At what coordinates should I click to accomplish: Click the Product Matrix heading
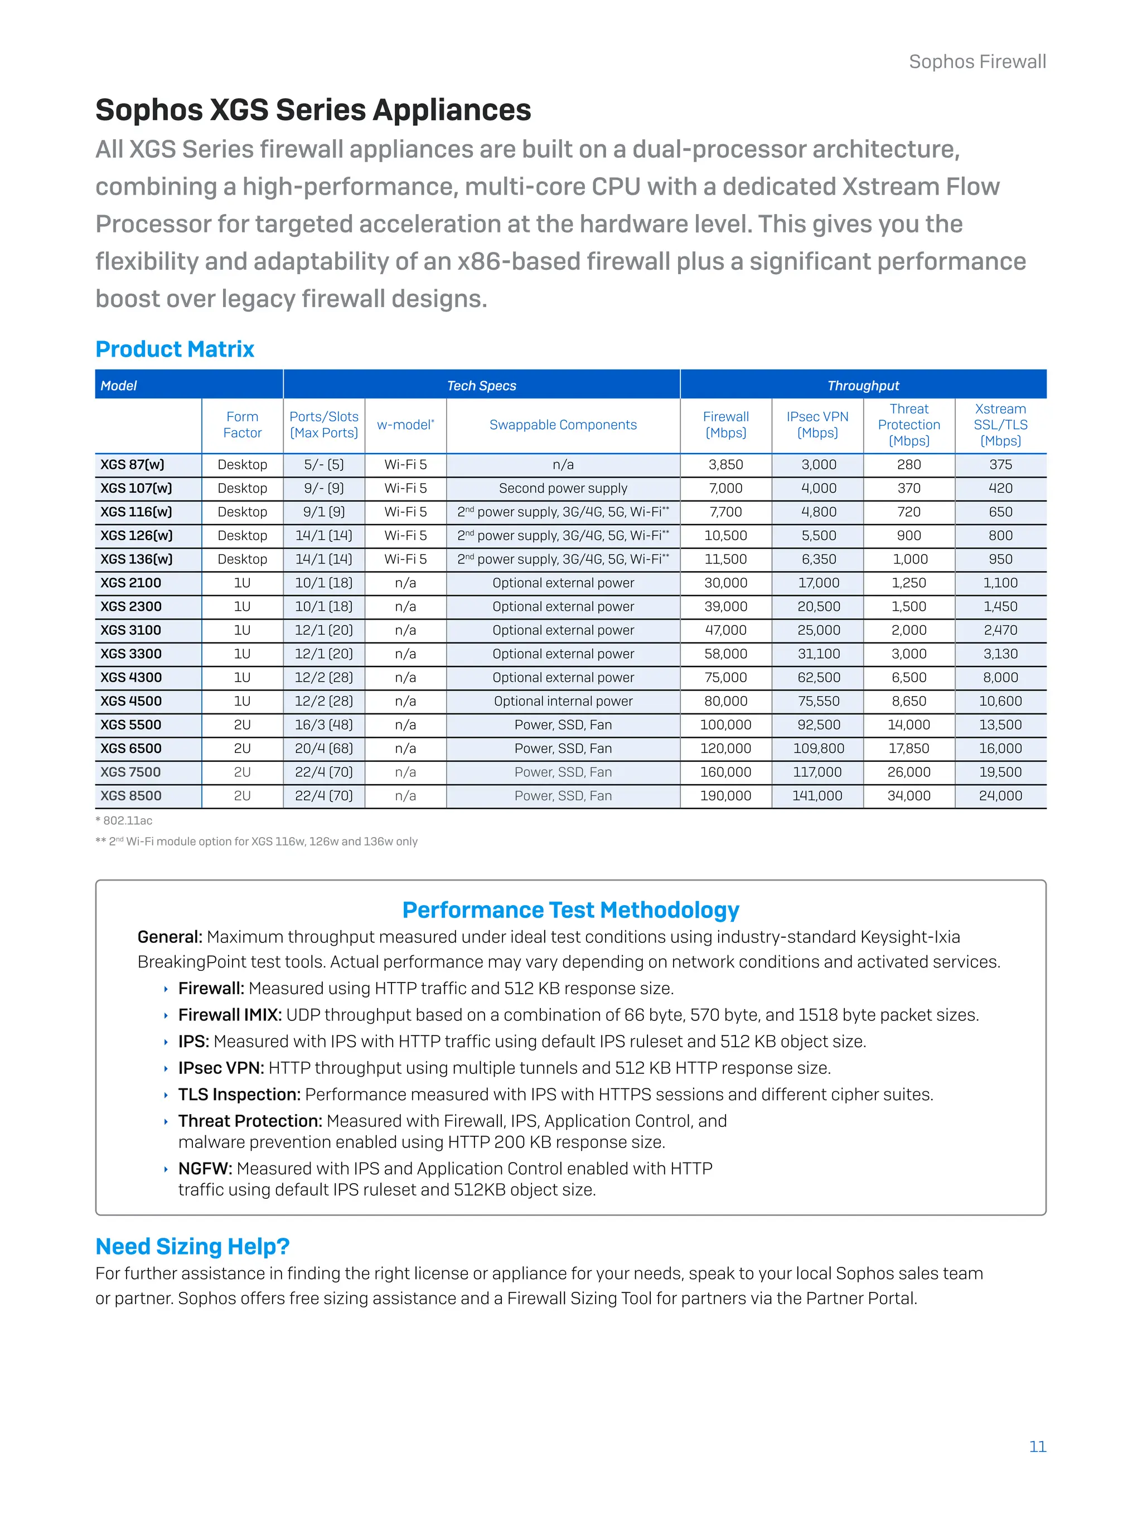pos(175,349)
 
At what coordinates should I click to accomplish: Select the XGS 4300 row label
pos(131,677)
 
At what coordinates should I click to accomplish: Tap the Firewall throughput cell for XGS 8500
pos(725,795)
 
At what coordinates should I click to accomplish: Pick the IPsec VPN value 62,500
pos(819,677)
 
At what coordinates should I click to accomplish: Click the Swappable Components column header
pos(563,425)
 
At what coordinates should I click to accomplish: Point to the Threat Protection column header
pos(909,425)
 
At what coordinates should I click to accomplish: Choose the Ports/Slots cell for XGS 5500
pos(323,724)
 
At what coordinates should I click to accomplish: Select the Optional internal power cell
pos(563,701)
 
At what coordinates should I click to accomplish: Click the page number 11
pos(1037,1446)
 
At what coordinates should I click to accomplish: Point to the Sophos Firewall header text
pos(977,62)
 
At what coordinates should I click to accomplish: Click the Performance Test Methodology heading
pos(570,910)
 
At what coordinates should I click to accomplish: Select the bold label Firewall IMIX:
pos(230,1015)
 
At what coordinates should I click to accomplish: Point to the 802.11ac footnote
pos(124,820)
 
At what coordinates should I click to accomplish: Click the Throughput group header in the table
pos(863,385)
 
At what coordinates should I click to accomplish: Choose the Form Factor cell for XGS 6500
pos(243,748)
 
